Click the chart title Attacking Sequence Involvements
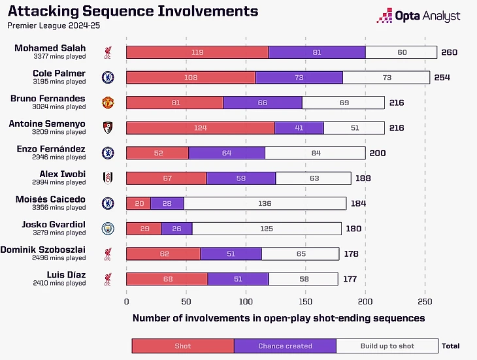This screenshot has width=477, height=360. (133, 12)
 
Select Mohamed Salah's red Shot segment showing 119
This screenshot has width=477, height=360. (197, 52)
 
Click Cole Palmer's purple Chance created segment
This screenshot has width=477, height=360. (299, 77)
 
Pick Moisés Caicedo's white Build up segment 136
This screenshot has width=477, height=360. (265, 203)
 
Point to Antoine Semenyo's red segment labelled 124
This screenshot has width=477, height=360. (200, 128)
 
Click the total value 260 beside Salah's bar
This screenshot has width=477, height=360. (449, 52)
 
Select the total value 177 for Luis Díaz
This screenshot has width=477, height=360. (350, 279)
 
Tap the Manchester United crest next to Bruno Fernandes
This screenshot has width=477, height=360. (108, 103)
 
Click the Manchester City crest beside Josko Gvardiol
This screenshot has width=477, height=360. (108, 229)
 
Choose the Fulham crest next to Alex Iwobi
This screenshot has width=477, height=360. (108, 178)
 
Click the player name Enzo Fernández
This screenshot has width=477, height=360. (52, 149)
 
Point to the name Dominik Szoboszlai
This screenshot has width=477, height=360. (43, 250)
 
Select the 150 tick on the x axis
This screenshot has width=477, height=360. (305, 302)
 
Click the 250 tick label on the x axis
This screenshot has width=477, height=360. (425, 302)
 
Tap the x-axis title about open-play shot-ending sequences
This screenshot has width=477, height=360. (279, 318)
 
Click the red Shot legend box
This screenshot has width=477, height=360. (183, 346)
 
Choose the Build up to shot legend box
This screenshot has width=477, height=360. (387, 346)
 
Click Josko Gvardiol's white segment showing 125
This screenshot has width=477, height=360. (267, 229)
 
